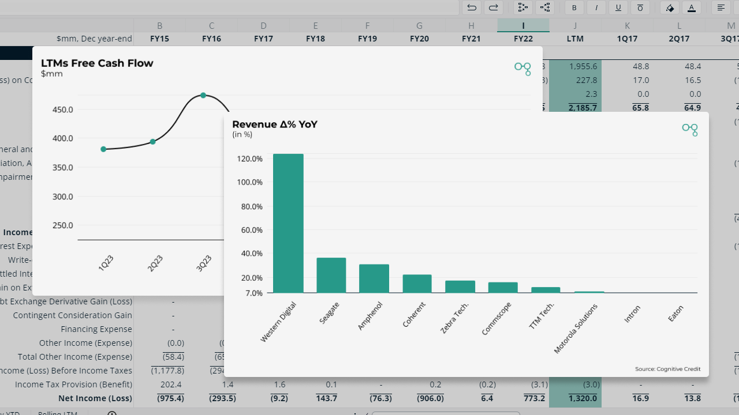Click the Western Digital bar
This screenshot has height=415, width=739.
pyautogui.click(x=288, y=223)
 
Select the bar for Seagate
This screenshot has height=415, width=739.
pyautogui.click(x=331, y=275)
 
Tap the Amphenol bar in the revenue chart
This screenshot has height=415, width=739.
pyautogui.click(x=374, y=278)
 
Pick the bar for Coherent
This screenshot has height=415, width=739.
pyautogui.click(x=417, y=284)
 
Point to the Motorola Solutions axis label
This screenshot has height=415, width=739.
pyautogui.click(x=576, y=329)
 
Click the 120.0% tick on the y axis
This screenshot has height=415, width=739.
pyautogui.click(x=249, y=159)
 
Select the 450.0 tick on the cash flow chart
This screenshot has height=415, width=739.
pyautogui.click(x=62, y=110)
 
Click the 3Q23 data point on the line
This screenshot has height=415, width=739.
pyautogui.click(x=203, y=95)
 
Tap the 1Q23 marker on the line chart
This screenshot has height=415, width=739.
pyautogui.click(x=103, y=149)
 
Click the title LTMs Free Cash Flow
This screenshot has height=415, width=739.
pyautogui.click(x=97, y=63)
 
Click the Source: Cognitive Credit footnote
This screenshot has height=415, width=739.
pyautogui.click(x=667, y=369)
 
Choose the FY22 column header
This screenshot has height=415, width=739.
pyautogui.click(x=523, y=39)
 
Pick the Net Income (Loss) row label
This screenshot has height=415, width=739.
pyautogui.click(x=95, y=398)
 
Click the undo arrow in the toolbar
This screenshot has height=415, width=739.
pyautogui.click(x=472, y=7)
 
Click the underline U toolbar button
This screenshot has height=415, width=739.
pyautogui.click(x=618, y=7)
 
